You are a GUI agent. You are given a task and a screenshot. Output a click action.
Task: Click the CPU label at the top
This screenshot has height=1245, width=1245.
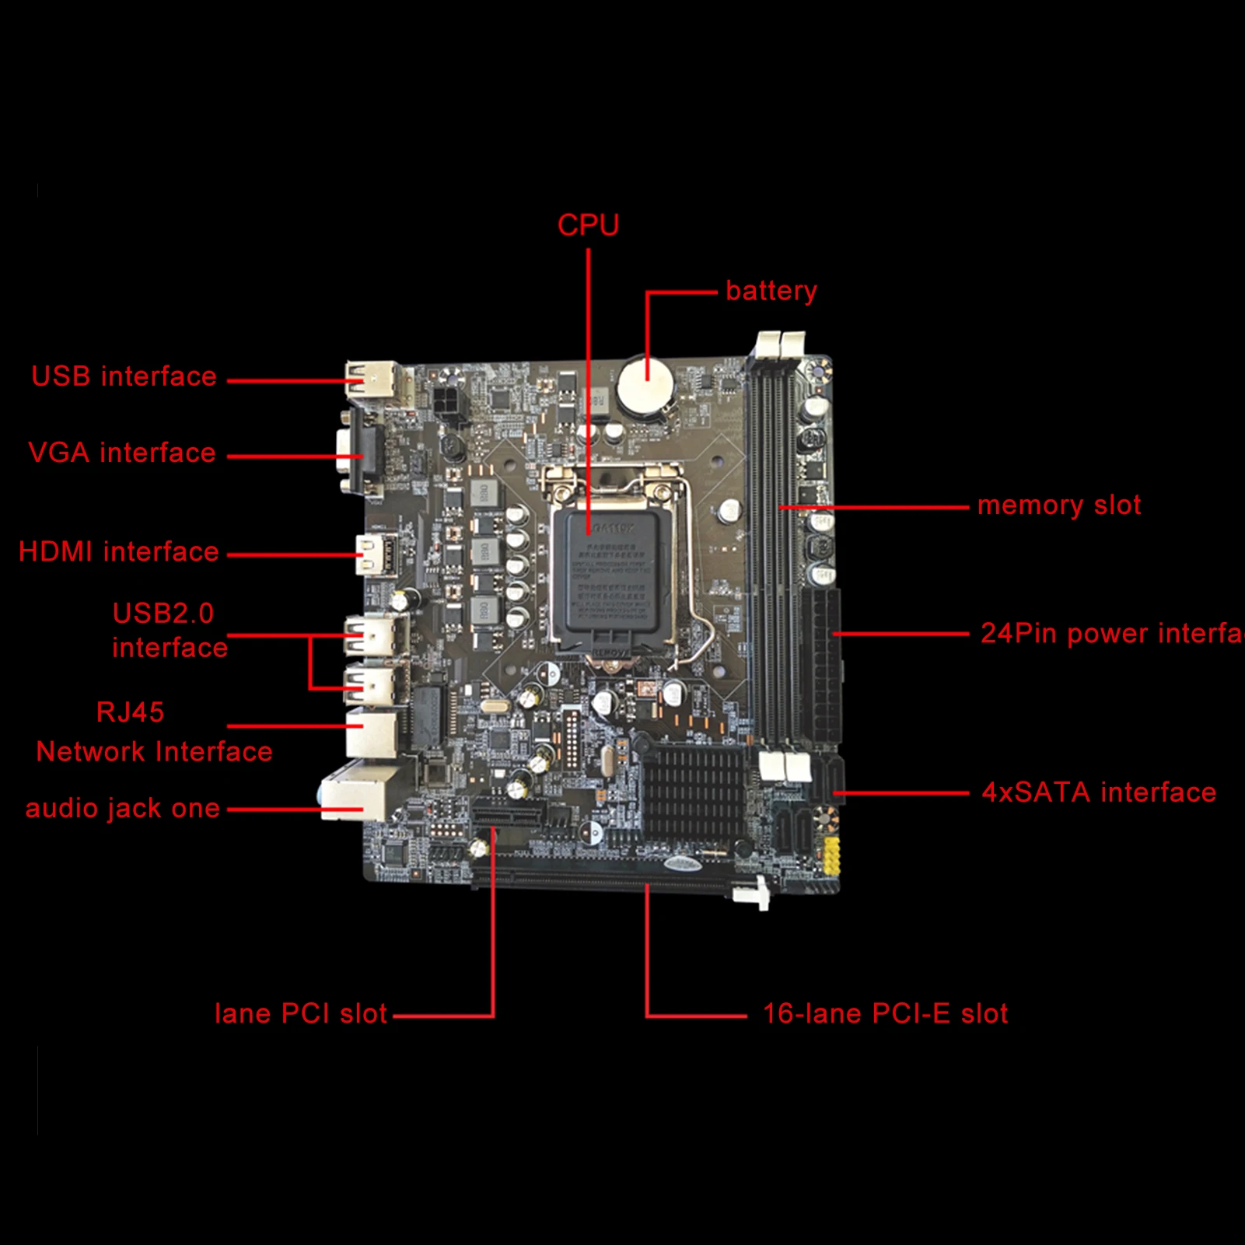[x=588, y=226]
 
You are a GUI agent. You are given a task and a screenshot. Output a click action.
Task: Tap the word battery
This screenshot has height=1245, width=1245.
[x=771, y=291]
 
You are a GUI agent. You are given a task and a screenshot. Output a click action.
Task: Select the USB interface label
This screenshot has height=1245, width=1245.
[x=124, y=376]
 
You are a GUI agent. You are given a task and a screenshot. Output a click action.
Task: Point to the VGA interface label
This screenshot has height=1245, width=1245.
[x=121, y=453]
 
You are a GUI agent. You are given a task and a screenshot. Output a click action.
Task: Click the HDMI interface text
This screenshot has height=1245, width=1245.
[x=118, y=552]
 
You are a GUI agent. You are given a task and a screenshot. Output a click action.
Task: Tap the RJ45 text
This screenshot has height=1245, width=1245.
[x=130, y=712]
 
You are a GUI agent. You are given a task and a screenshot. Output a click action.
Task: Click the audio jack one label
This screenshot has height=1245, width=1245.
[x=123, y=809]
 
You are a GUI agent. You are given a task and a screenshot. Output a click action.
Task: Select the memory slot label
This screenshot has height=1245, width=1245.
[x=1058, y=505]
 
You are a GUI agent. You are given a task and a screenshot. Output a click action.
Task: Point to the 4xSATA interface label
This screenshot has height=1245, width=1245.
[x=1098, y=792]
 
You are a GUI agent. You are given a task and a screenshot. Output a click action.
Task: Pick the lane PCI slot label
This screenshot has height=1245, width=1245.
[x=300, y=1014]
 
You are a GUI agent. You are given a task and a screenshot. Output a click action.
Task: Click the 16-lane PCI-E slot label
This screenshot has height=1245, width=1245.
[x=885, y=1014]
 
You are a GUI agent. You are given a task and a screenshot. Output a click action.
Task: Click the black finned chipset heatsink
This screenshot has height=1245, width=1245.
[x=692, y=789]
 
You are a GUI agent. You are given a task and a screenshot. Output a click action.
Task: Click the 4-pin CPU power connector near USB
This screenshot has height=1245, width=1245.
[x=449, y=403]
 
